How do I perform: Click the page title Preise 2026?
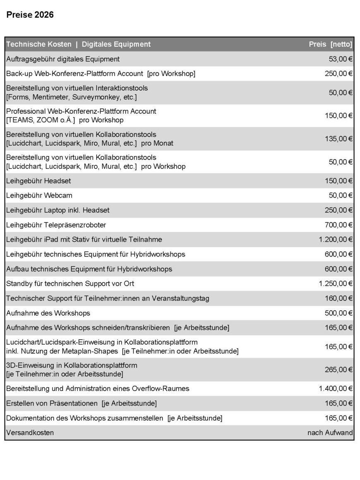pyautogui.click(x=30, y=15)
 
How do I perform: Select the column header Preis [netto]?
pyautogui.click(x=330, y=44)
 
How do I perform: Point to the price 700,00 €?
pyautogui.click(x=338, y=225)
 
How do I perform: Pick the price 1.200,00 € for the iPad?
pyautogui.click(x=336, y=240)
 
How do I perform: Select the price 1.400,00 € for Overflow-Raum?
pyautogui.click(x=336, y=389)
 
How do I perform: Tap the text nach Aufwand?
pyautogui.click(x=330, y=433)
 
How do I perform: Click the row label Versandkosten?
pyautogui.click(x=30, y=433)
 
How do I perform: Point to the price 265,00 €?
pyautogui.click(x=338, y=370)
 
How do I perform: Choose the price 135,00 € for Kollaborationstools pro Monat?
pyautogui.click(x=338, y=139)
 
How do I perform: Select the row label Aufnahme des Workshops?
pyautogui.click(x=48, y=313)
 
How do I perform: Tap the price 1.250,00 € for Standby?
pyautogui.click(x=336, y=283)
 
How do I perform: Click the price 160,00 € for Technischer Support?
pyautogui.click(x=338, y=298)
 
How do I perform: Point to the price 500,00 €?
pyautogui.click(x=338, y=313)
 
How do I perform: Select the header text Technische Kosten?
pyautogui.click(x=39, y=44)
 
